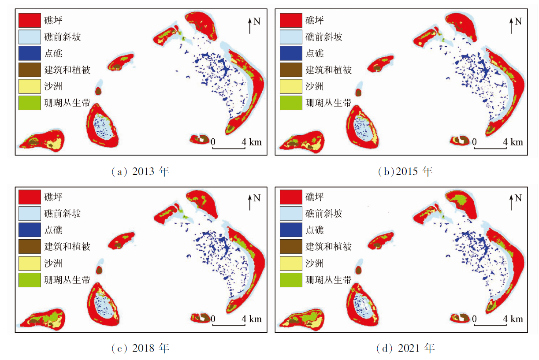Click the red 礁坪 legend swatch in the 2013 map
[30, 20]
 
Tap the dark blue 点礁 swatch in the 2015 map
[291, 53]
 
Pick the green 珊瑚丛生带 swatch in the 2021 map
[291, 280]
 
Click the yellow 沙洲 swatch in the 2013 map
[30, 86]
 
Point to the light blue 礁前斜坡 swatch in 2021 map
[291, 214]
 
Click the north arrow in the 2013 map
[250, 26]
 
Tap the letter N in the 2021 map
[518, 198]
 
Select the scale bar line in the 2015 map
[490, 148]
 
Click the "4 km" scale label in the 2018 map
[252, 319]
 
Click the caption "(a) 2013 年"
[141, 172]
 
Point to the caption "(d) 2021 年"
[405, 349]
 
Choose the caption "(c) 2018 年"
[141, 349]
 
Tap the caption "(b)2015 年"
[405, 172]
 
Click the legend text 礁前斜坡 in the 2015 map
[324, 37]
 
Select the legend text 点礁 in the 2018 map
[53, 230]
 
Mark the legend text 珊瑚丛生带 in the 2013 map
[67, 103]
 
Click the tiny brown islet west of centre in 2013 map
[98, 91]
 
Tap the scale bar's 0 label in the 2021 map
[474, 319]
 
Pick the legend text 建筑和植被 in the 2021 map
[329, 247]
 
